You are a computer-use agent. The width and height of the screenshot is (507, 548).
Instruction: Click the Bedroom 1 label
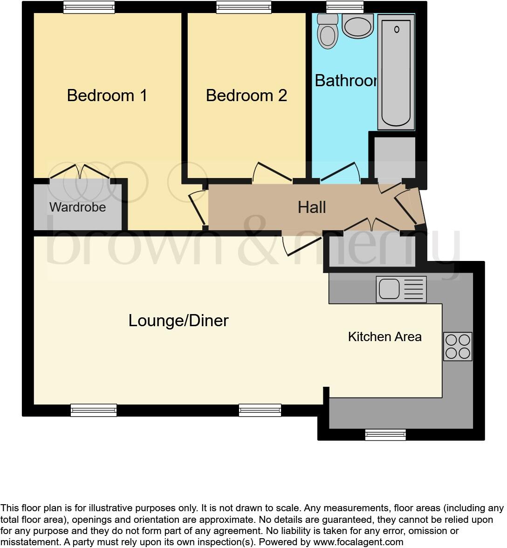pos(107,96)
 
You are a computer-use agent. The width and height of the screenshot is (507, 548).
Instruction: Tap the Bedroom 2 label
pos(246,96)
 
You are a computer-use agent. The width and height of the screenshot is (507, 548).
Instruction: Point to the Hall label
pos(312,207)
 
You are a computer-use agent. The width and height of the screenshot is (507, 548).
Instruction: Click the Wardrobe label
pos(78,207)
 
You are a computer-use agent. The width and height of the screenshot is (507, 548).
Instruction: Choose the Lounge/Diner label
pos(178,321)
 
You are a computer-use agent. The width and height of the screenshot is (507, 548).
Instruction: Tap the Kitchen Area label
pos(384,336)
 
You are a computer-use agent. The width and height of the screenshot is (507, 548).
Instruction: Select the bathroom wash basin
pos(358,25)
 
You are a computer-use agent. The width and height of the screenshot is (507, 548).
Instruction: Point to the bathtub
pos(396,72)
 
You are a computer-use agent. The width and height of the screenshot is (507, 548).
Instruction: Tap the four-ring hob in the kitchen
pos(458,346)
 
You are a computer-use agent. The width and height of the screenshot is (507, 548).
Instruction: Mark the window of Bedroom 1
pos(89,7)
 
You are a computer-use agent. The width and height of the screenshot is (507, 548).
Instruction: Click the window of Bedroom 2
pos(244,7)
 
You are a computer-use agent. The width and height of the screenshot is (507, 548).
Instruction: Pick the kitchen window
pos(385,435)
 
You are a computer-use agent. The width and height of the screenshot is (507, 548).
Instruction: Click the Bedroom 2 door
pos(273,172)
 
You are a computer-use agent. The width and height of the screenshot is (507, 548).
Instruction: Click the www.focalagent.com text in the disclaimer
pos(358,542)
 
